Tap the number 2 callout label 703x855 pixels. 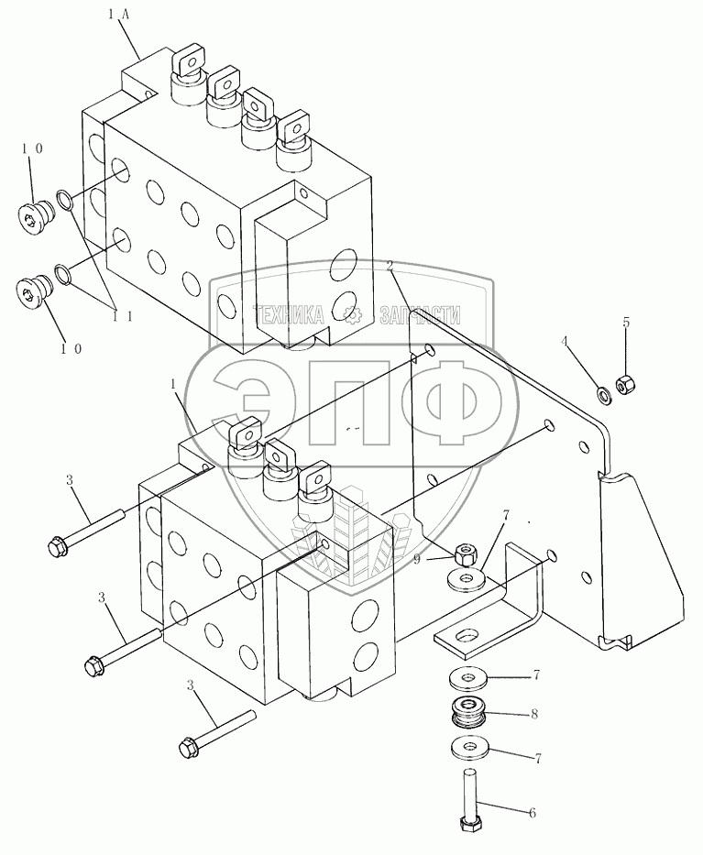(x=390, y=266)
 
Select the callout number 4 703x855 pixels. (x=565, y=341)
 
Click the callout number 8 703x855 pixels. (x=533, y=714)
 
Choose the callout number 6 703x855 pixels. (x=532, y=812)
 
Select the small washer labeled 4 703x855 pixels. (x=605, y=395)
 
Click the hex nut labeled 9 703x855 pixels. (x=467, y=554)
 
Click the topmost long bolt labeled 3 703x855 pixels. (x=86, y=532)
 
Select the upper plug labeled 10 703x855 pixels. (x=37, y=215)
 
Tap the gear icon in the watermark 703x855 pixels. (x=352, y=315)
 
